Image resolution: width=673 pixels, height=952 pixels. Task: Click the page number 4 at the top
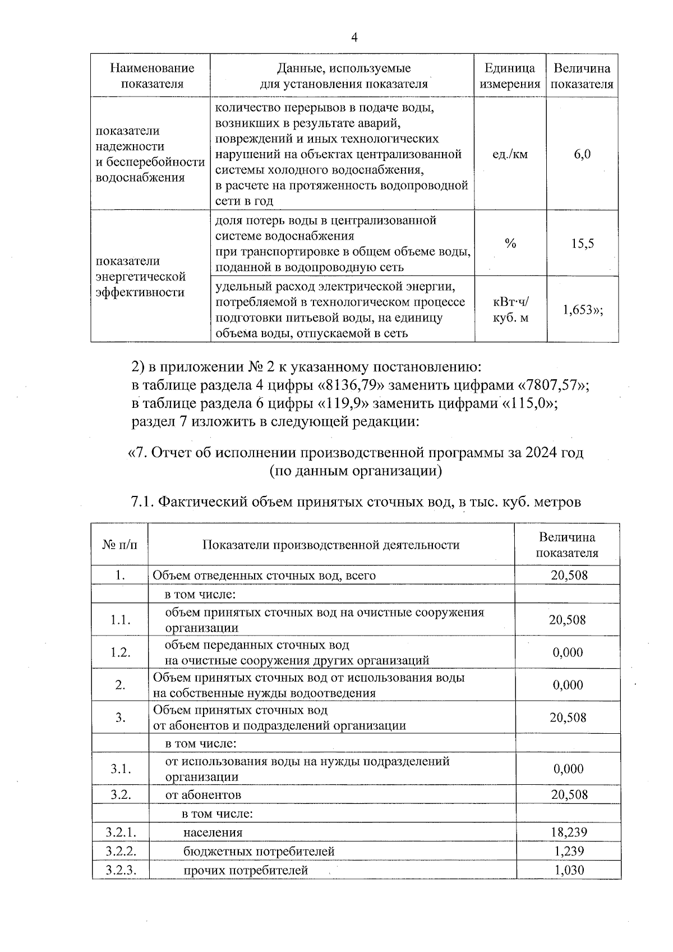[354, 38]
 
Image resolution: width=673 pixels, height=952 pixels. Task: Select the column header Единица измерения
[510, 76]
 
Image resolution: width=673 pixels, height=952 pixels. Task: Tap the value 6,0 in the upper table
[582, 154]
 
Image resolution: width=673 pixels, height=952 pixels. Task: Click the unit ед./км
[510, 154]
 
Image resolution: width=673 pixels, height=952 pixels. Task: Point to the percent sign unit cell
[510, 243]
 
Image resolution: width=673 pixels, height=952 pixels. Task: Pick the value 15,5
[582, 243]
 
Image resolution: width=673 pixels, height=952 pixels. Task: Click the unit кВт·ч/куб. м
[510, 310]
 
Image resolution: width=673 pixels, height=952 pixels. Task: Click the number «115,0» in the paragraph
[525, 403]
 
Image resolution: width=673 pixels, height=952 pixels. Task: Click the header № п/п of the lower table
[120, 545]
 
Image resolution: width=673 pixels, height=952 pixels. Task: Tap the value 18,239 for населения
[569, 832]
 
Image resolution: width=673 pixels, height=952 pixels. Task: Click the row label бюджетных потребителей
[259, 851]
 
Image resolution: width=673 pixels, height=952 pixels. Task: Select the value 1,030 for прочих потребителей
[569, 870]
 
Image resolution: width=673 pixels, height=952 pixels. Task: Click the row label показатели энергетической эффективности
[141, 277]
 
